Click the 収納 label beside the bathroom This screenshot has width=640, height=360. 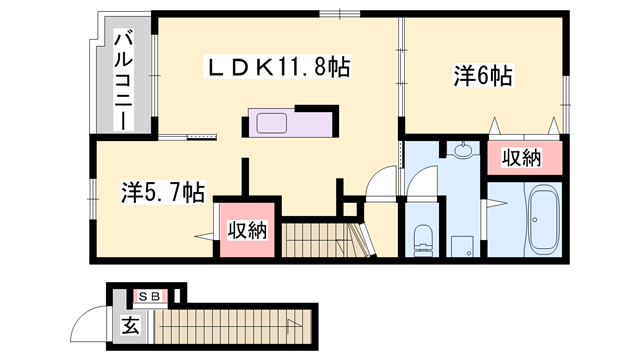tap(521, 157)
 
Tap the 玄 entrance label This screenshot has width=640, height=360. tap(130, 324)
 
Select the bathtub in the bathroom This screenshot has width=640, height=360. tap(545, 220)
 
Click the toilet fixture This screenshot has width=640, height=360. tap(421, 237)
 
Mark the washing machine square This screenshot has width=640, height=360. tap(461, 245)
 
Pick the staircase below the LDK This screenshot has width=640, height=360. tap(315, 241)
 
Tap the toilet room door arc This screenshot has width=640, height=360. tap(383, 185)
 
